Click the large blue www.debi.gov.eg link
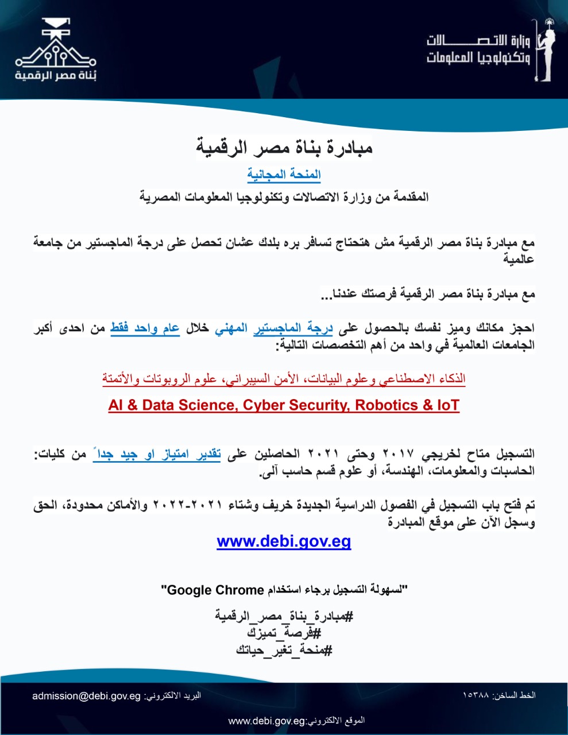tap(284, 541)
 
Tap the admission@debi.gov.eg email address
tap(86, 695)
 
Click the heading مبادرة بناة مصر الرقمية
tap(284, 148)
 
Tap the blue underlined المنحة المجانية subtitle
tap(284, 175)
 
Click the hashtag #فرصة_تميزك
tap(284, 633)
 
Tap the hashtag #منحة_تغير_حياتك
tap(284, 650)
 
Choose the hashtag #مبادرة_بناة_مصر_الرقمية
tap(284, 617)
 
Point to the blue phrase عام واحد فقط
tap(145, 328)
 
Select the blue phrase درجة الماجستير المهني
tap(275, 328)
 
